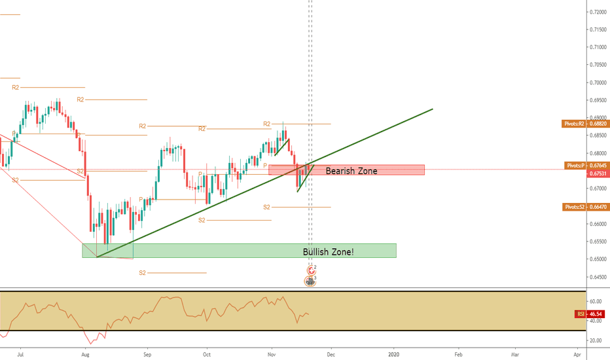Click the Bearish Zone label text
point(351,171)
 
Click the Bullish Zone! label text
point(328,251)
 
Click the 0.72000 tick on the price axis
point(596,12)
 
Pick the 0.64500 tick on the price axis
point(596,277)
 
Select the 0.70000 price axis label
point(596,83)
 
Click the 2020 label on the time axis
point(395,353)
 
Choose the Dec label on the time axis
point(331,353)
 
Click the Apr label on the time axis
point(577,353)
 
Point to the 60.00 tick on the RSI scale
point(595,302)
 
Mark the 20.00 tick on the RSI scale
point(595,341)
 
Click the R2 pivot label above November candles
point(267,124)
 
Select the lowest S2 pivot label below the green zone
point(142,272)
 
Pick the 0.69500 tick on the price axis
point(596,100)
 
